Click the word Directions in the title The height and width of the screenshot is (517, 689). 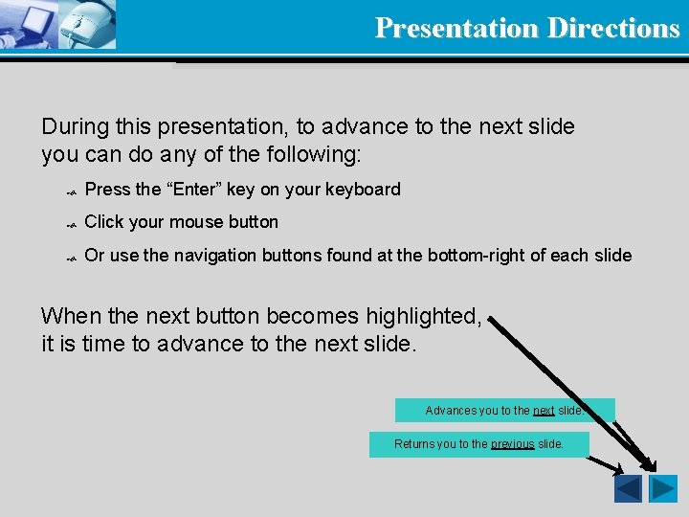click(613, 28)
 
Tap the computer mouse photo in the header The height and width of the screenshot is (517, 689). click(88, 25)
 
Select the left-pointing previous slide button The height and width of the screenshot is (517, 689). click(628, 489)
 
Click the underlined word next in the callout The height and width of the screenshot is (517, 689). click(544, 411)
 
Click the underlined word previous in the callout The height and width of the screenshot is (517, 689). click(512, 444)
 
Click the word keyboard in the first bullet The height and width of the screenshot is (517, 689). click(363, 190)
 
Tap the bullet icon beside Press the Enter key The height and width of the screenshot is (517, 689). click(70, 191)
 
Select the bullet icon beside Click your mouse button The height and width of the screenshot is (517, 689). click(70, 224)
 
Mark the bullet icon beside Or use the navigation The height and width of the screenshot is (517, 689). click(70, 258)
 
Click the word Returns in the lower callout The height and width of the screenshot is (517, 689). click(413, 444)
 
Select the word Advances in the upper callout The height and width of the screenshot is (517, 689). click(450, 411)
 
